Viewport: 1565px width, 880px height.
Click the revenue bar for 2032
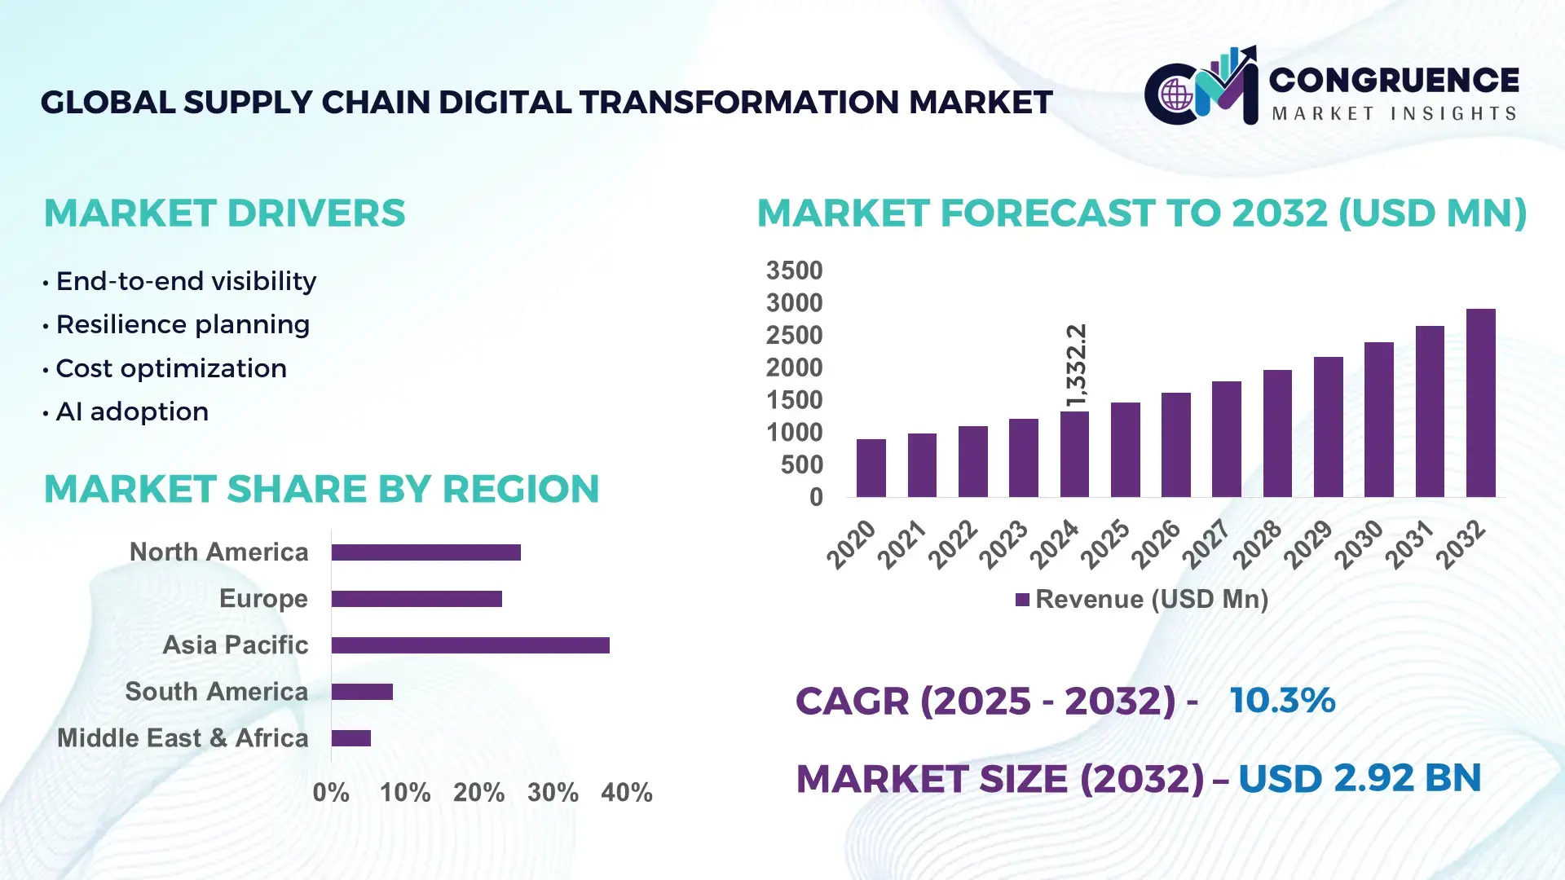(x=1480, y=403)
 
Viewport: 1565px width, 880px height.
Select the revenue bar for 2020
(x=871, y=469)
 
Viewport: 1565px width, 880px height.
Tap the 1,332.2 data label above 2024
(x=1076, y=365)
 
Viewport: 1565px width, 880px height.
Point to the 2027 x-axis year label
(x=1206, y=543)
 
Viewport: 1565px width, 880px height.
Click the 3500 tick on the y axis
(x=794, y=271)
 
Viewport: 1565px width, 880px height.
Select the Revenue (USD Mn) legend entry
(x=1141, y=600)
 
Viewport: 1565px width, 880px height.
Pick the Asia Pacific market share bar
(x=470, y=645)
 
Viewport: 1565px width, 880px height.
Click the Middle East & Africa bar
(x=351, y=738)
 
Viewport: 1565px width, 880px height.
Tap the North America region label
(x=218, y=552)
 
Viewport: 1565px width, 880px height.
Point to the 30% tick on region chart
(x=553, y=792)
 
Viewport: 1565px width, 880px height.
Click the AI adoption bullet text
(x=132, y=412)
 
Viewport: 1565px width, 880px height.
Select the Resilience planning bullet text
(x=183, y=325)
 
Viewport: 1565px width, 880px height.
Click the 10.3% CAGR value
(x=1282, y=701)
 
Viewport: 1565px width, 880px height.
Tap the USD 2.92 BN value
(x=1359, y=778)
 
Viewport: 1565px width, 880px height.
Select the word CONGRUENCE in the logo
(x=1394, y=80)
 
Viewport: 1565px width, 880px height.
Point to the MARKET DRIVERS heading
(x=224, y=213)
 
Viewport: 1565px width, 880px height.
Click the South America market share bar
(x=362, y=692)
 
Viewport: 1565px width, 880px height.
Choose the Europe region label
(x=263, y=599)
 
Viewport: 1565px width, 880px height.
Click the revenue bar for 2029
(x=1328, y=427)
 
